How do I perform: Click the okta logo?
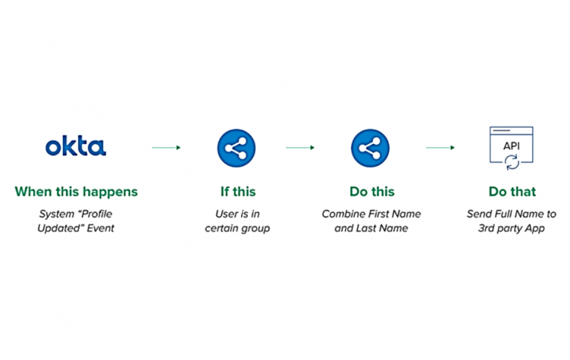tap(76, 146)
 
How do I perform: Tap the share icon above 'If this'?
tap(237, 147)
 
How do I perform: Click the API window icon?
tap(511, 148)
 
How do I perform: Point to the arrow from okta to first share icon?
tap(166, 148)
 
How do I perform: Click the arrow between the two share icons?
tap(300, 148)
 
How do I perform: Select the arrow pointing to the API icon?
tap(440, 148)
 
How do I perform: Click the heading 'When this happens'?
tap(76, 192)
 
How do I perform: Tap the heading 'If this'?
tap(237, 192)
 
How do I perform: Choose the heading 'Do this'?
tap(371, 192)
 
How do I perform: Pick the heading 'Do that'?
tap(511, 192)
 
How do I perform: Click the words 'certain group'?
tap(237, 228)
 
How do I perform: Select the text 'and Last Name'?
tap(371, 228)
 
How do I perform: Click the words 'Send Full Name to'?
tap(511, 214)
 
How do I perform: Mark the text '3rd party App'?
tap(511, 228)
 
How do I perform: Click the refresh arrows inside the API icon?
tap(511, 161)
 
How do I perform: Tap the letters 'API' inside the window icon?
tap(511, 145)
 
